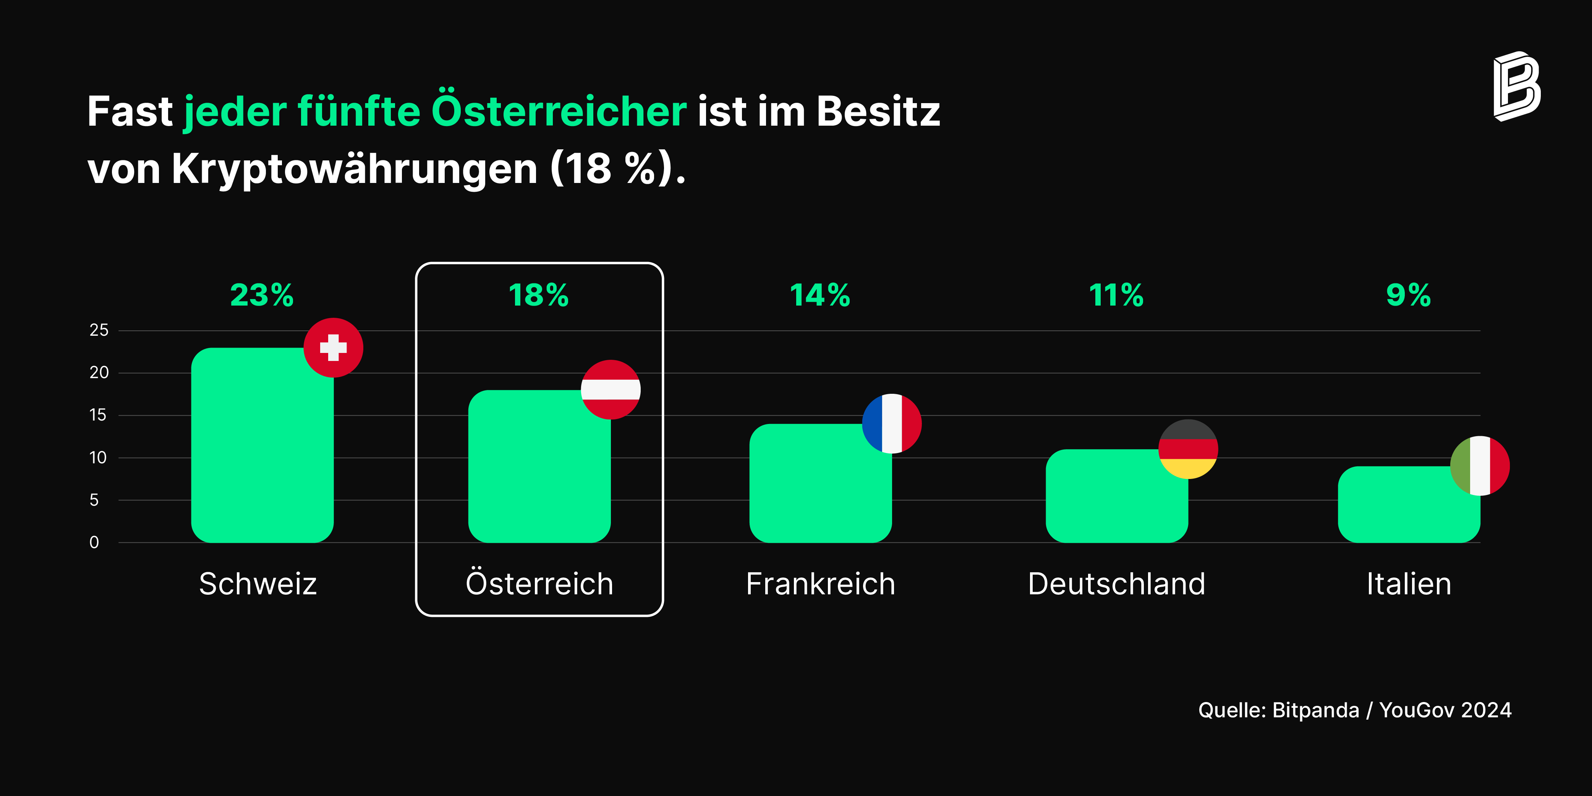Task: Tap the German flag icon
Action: pos(1188,449)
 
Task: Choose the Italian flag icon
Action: pos(1480,466)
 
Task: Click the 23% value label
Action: pos(262,295)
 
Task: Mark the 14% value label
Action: pos(820,295)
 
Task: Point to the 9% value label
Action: pos(1409,295)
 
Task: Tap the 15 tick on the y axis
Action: pos(98,415)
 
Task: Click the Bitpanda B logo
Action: pos(1517,87)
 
